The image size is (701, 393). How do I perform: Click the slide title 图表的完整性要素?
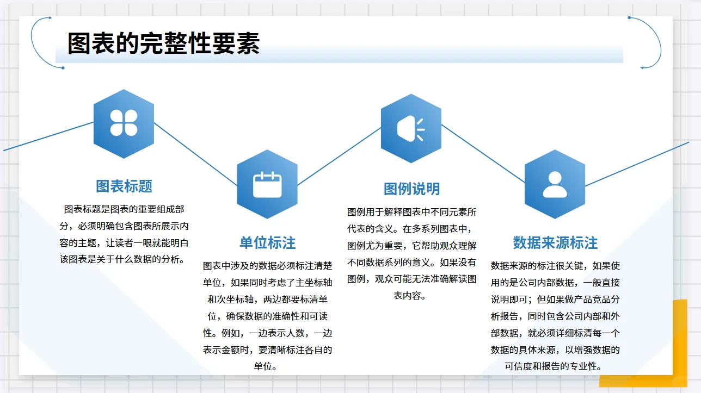163,44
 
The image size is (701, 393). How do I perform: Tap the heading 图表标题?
124,186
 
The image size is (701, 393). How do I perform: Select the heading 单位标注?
268,242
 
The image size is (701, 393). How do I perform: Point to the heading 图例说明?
411,189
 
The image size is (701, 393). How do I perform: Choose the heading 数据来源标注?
555,242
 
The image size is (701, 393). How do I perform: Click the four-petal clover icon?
124,123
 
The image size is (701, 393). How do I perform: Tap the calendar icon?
267,184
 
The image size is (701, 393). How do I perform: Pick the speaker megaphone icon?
410,129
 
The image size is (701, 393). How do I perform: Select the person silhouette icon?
555,184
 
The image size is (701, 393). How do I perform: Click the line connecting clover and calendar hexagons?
196,154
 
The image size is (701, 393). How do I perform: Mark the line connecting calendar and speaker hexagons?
339,156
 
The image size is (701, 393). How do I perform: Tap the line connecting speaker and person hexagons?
483,154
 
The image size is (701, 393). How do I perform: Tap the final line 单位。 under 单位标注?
267,366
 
